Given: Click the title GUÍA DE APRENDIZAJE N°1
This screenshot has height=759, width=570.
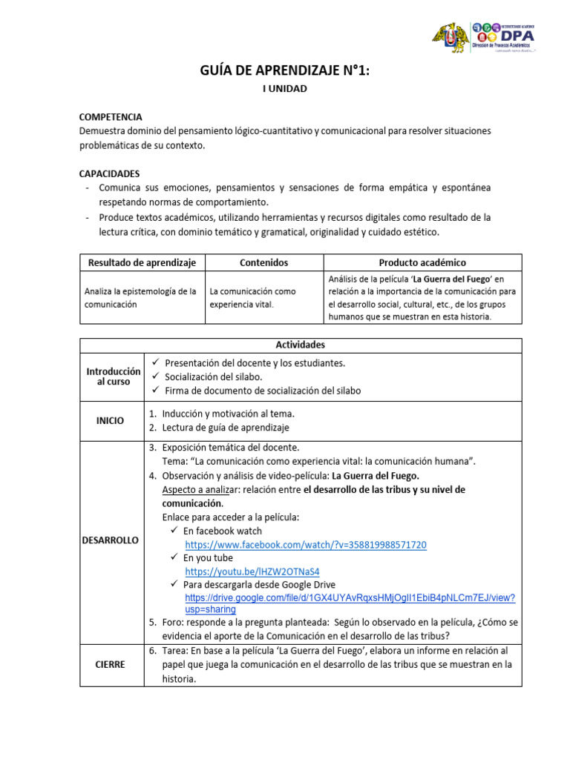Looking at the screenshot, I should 284,71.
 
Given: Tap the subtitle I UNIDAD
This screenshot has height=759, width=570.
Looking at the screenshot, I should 284,89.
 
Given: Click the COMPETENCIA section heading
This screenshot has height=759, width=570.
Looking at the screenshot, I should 111,117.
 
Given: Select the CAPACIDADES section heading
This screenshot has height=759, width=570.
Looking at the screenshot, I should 109,173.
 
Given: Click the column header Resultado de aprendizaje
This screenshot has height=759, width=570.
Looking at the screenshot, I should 142,262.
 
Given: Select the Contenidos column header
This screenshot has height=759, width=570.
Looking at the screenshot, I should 263,262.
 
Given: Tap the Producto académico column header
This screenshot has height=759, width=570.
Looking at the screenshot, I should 422,262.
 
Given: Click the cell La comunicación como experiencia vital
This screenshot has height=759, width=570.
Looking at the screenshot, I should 252,297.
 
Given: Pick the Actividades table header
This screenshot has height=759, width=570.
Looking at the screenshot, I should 300,345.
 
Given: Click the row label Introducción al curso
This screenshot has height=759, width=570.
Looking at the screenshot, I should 113,376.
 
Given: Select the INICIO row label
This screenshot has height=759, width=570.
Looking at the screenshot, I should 111,420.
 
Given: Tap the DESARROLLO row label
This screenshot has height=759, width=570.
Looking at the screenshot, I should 111,540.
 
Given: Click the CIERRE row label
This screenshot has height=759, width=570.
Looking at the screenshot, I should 110,665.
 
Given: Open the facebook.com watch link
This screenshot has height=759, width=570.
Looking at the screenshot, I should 306,545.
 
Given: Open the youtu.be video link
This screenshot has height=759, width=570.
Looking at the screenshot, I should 252,571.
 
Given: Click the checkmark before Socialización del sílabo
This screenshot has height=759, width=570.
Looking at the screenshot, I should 154,377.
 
